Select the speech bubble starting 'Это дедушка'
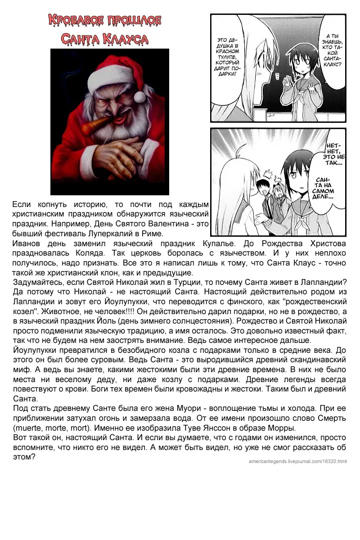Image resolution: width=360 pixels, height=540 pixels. coord(229,58)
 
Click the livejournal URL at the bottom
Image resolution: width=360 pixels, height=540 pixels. coord(297,461)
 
